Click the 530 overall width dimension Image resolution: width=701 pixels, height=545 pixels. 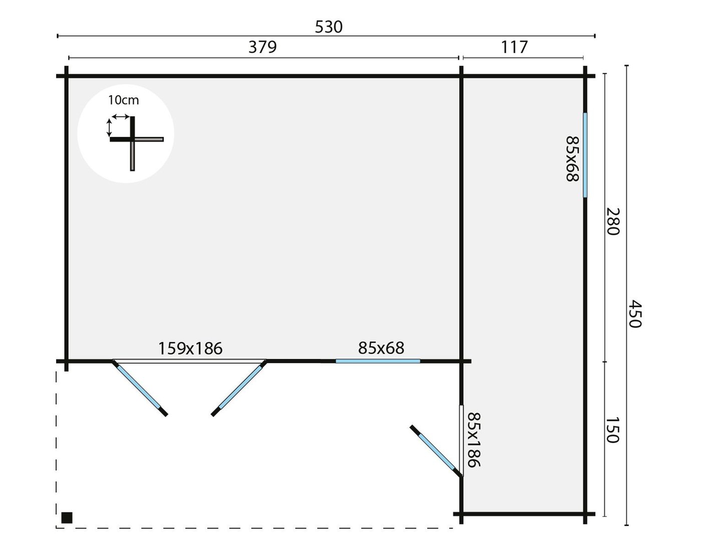[328, 27]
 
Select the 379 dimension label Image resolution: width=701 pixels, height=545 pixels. [262, 47]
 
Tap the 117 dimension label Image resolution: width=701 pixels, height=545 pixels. [514, 47]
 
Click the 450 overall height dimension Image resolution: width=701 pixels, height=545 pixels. [634, 314]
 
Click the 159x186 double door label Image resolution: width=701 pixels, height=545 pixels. [190, 348]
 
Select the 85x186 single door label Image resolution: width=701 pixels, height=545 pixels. [473, 440]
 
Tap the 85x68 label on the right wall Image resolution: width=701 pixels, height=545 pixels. [572, 159]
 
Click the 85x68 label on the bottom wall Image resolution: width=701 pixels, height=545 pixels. [381, 347]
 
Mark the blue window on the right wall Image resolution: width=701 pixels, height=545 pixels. [585, 155]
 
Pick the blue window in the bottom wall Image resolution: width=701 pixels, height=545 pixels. [378, 361]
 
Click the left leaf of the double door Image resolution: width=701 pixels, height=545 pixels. [140, 388]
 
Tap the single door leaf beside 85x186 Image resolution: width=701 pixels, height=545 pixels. [435, 450]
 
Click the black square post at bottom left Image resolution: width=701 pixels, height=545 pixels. [67, 517]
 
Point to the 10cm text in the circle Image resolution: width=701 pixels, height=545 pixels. [123, 100]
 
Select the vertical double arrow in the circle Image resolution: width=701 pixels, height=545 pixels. [109, 128]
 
